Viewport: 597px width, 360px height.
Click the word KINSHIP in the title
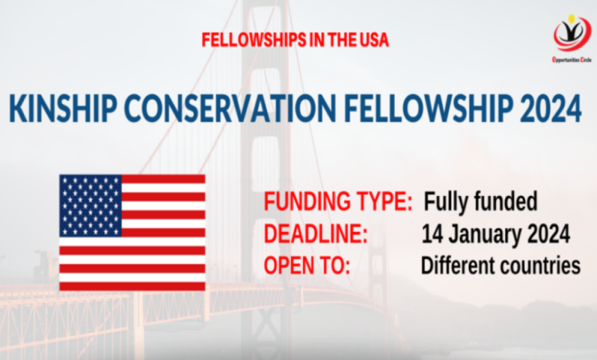pos(64,108)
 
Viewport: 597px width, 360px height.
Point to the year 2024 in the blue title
pos(550,108)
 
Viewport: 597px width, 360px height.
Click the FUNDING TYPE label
pos(338,202)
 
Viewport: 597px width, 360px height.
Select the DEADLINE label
pos(315,234)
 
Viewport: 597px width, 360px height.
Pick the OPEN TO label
pos(307,266)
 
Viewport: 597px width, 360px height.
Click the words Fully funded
pos(481,202)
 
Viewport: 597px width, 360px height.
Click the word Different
pos(457,266)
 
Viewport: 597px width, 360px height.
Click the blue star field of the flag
pos(90,206)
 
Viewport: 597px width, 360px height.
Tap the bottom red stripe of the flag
pos(132,286)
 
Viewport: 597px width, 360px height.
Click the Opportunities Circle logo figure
pos(572,33)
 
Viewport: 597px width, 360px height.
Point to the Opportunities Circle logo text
pos(572,60)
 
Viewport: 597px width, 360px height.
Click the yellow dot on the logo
pos(571,18)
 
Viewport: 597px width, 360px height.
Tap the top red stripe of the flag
pos(163,179)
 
